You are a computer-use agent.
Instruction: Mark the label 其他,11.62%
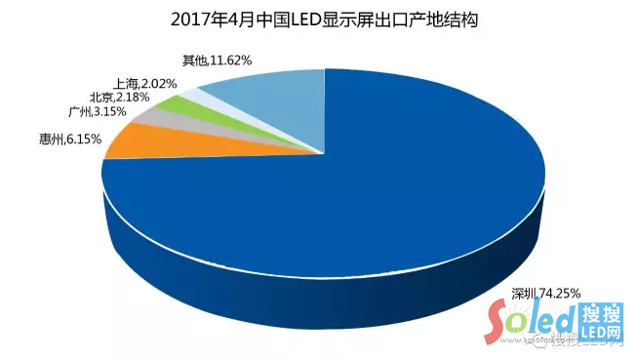[217, 60]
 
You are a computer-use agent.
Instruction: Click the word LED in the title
[298, 20]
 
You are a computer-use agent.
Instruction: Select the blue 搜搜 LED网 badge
[600, 322]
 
